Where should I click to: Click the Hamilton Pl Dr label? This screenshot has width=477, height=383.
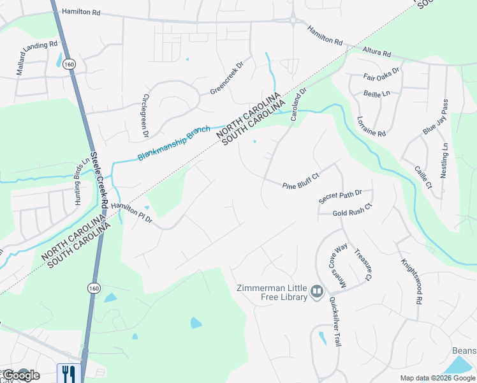tap(132, 213)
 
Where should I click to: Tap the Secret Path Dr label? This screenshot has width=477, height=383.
tap(341, 197)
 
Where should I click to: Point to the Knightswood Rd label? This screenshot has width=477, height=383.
tap(412, 281)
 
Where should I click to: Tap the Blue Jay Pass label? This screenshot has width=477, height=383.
tap(436, 117)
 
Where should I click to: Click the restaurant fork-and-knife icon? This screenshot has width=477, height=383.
tap(67, 373)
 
